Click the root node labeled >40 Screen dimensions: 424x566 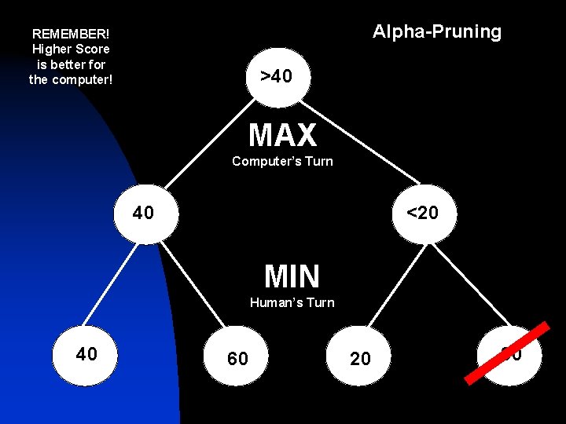click(277, 76)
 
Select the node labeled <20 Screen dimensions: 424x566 click(422, 213)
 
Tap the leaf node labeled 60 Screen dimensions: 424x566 click(237, 359)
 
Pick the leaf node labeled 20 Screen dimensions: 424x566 click(360, 359)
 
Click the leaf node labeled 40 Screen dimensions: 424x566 click(86, 354)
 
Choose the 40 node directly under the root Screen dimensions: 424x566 click(144, 213)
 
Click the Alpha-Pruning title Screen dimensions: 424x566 click(436, 31)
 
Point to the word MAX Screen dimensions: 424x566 click(282, 136)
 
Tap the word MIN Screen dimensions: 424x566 click(292, 276)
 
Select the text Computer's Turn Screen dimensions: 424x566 click(282, 161)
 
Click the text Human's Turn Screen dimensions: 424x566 click(292, 302)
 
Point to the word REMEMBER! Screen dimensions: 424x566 click(71, 35)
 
